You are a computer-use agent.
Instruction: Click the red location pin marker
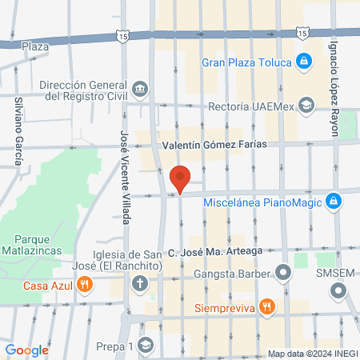pos(180,178)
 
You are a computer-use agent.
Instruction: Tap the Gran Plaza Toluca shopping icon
pos(304,61)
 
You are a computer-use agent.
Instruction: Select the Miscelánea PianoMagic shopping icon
pos(334,202)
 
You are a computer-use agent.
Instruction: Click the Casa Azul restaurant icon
pos(82,284)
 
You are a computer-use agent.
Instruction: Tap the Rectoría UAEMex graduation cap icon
pos(305,105)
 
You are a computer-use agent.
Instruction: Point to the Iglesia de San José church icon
pos(140,283)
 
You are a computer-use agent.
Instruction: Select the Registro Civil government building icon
pos(140,87)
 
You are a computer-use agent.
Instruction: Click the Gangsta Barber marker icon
pos(282,272)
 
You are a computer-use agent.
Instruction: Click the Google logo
pos(26,350)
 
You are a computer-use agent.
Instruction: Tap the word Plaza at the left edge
pos(35,46)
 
